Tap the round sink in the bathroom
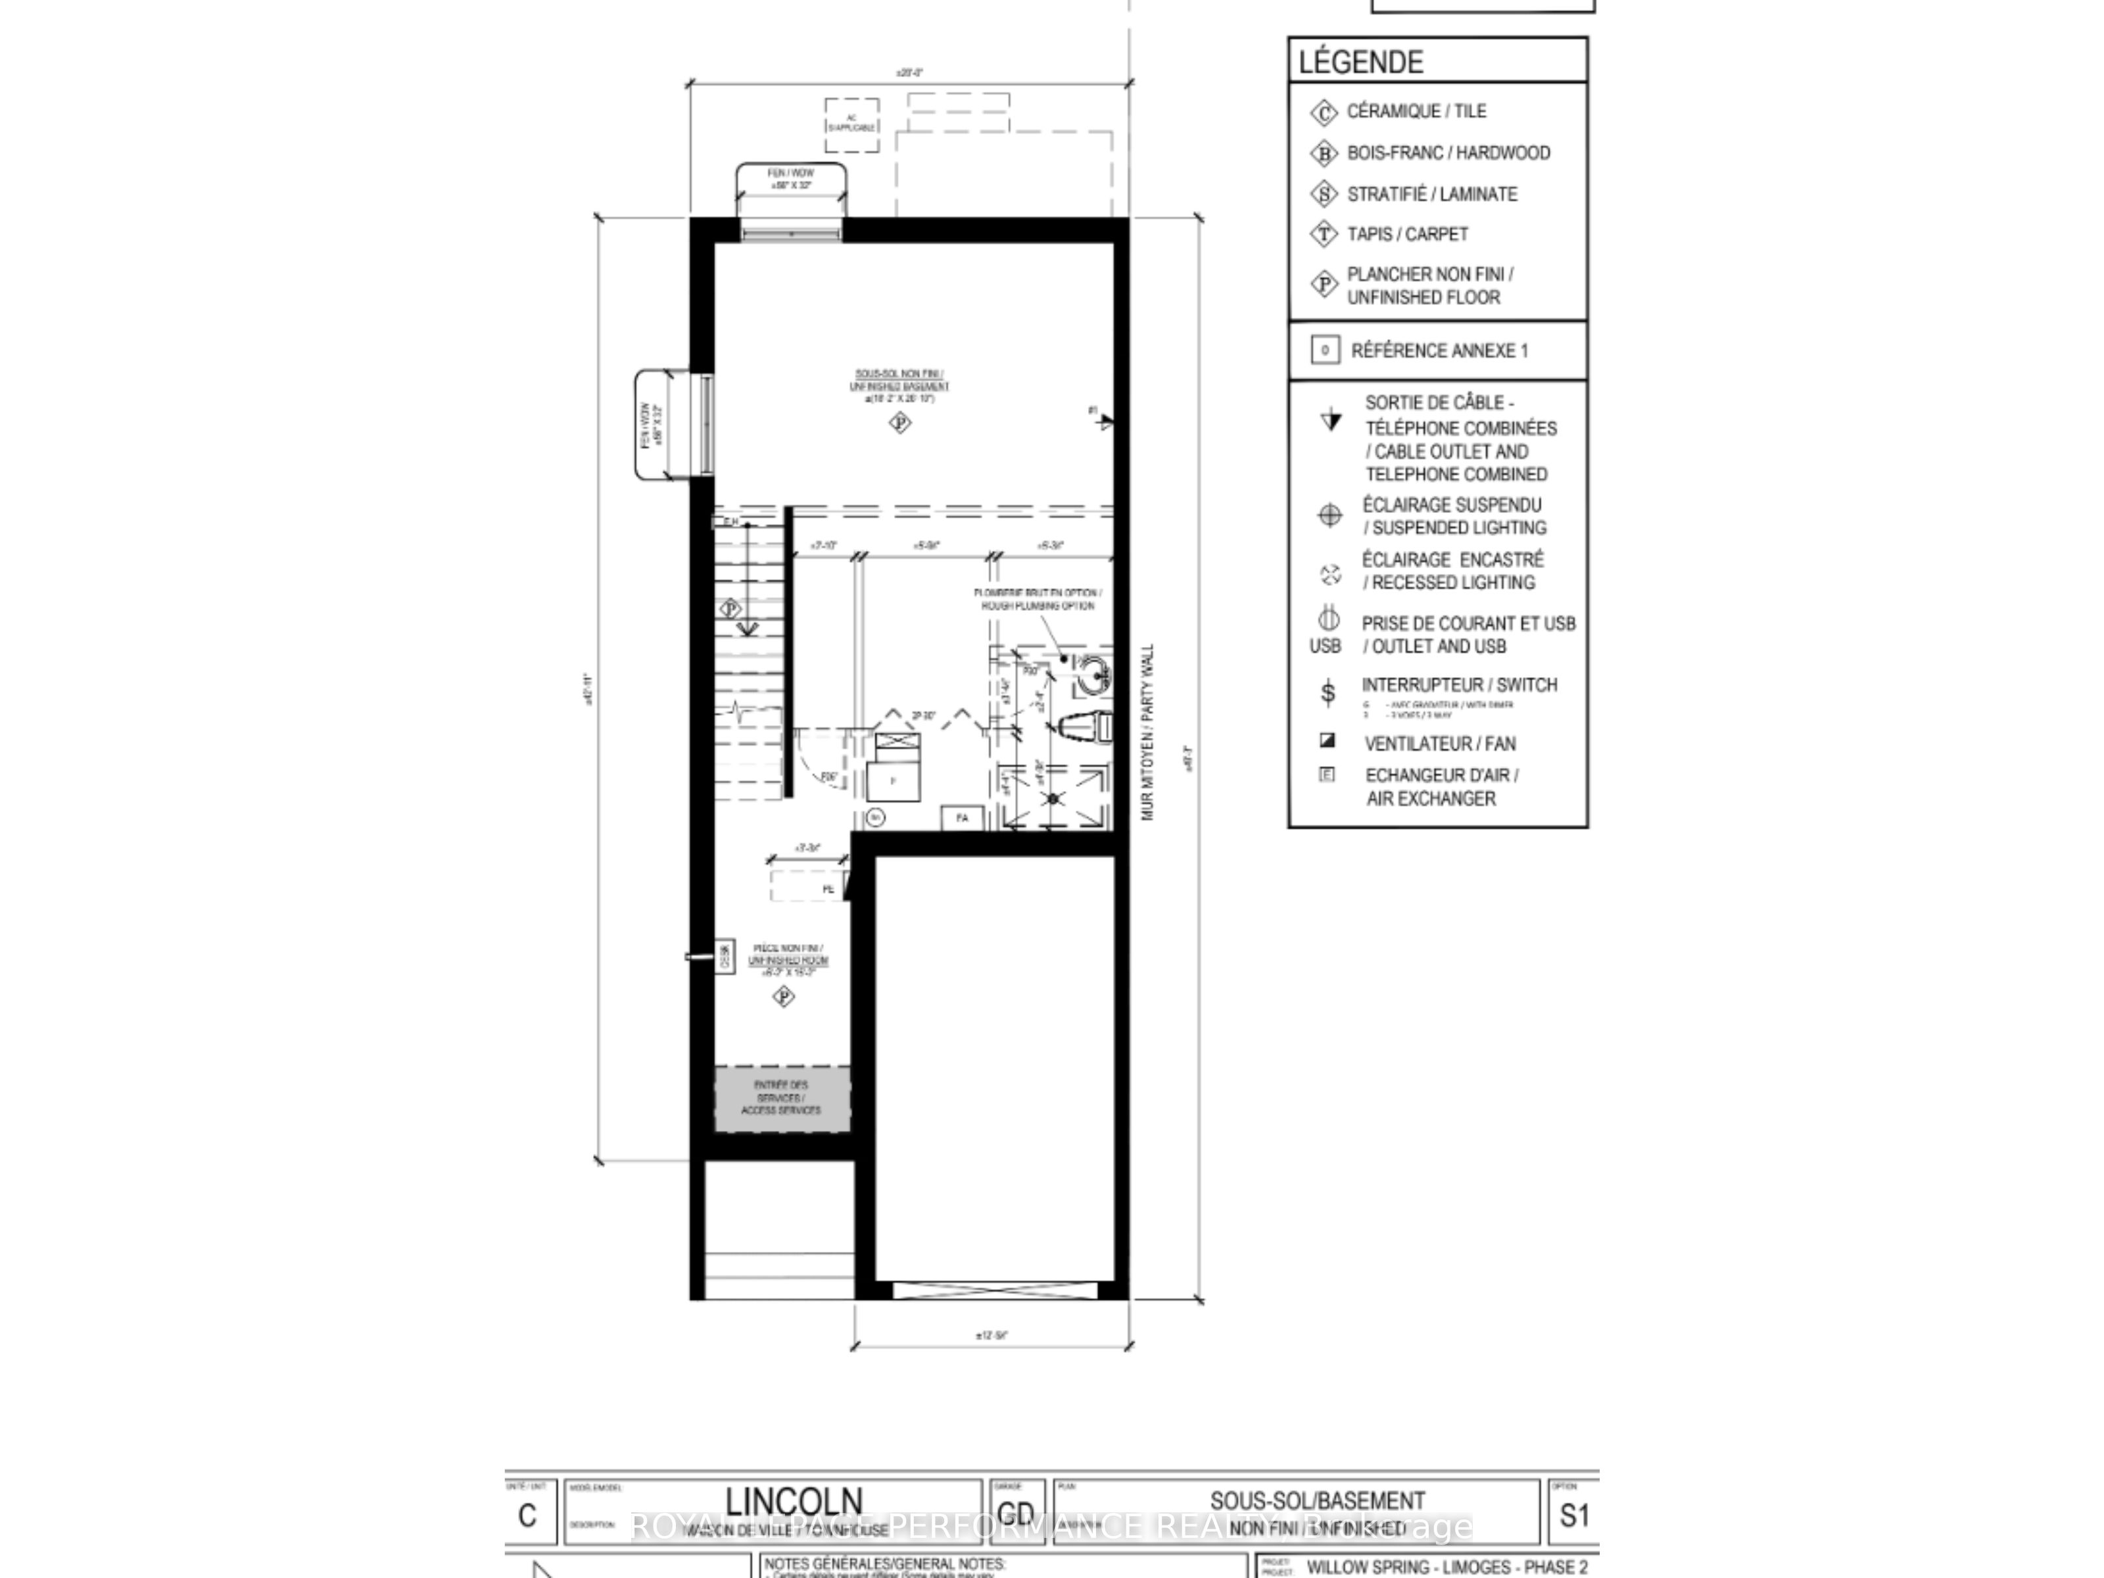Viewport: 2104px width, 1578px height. click(1094, 675)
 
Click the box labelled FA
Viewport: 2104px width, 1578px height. click(962, 817)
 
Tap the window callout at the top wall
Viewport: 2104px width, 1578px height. click(790, 179)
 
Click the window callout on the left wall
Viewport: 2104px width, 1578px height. click(652, 425)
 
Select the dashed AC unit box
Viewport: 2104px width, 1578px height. click(851, 124)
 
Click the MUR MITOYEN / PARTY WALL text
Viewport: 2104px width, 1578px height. click(1147, 732)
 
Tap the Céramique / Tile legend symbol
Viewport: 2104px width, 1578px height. click(1323, 112)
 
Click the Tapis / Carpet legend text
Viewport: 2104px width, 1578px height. click(1407, 234)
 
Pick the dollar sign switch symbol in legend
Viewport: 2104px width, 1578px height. click(1328, 692)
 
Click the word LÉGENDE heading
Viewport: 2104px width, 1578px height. click(1360, 62)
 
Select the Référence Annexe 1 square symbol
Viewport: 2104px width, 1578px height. click(1325, 350)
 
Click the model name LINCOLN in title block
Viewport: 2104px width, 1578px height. click(794, 1502)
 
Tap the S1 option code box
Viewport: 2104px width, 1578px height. click(1573, 1516)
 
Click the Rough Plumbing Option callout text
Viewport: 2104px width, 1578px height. click(1038, 599)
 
